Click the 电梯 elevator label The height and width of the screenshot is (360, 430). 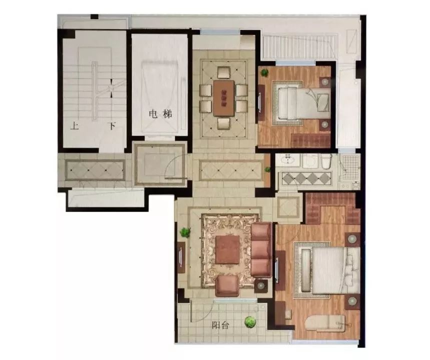point(160,114)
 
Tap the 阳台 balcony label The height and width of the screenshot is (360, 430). point(220,325)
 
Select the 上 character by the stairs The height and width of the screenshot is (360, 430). point(75,126)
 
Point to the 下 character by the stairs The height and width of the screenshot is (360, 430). point(112,126)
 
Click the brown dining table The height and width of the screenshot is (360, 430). point(224,98)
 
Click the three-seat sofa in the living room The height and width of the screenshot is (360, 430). point(261,250)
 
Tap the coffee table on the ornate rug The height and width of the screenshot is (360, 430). point(227,250)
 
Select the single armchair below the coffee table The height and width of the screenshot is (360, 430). point(227,286)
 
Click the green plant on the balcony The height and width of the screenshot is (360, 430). point(250,321)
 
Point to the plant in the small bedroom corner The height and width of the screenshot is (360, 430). point(264,72)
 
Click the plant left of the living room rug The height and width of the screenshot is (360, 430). point(185,232)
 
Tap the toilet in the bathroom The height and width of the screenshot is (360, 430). point(326,161)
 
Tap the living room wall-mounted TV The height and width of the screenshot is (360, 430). point(181,256)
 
